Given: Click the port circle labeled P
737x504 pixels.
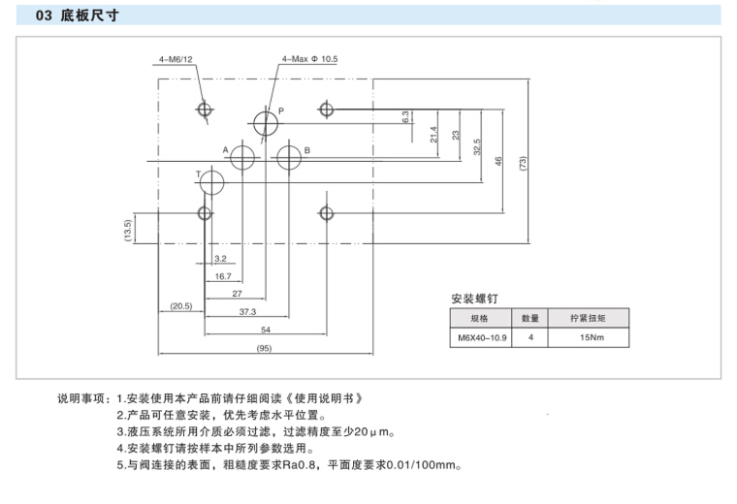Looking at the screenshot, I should (x=265, y=122).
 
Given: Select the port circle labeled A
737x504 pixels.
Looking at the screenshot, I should (x=243, y=157).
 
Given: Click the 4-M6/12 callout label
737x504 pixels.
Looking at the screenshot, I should (x=176, y=59).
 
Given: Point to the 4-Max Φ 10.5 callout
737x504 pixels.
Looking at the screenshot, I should (x=309, y=59).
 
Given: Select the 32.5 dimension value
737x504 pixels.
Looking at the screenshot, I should (x=477, y=145).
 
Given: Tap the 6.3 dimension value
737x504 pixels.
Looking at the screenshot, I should (x=404, y=116).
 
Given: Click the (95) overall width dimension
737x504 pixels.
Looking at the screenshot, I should (x=263, y=348).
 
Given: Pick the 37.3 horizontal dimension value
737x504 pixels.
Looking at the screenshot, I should (x=247, y=312).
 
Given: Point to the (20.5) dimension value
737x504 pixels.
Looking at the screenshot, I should (x=181, y=306).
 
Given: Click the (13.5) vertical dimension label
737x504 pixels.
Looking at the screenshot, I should (x=127, y=231).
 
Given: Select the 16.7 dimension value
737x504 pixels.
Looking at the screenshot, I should (x=223, y=276).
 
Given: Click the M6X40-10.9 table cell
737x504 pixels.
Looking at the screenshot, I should (x=482, y=338).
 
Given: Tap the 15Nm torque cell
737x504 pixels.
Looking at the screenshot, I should (x=592, y=338).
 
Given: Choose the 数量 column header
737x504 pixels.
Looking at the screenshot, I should (x=530, y=318).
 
